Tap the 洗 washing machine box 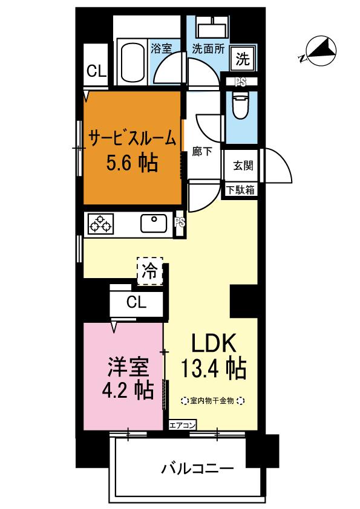click(x=243, y=59)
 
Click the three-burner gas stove click(x=100, y=223)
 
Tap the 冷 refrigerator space click(x=150, y=271)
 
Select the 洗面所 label click(x=208, y=49)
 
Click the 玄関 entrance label click(x=243, y=166)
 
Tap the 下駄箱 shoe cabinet click(x=240, y=190)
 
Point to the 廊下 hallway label click(x=201, y=151)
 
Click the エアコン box click(x=182, y=425)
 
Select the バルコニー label click(x=197, y=468)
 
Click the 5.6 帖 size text click(x=133, y=163)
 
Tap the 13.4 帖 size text click(x=213, y=368)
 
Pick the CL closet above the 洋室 click(x=137, y=302)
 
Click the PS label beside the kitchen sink click(x=180, y=222)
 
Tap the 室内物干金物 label click(x=212, y=401)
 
